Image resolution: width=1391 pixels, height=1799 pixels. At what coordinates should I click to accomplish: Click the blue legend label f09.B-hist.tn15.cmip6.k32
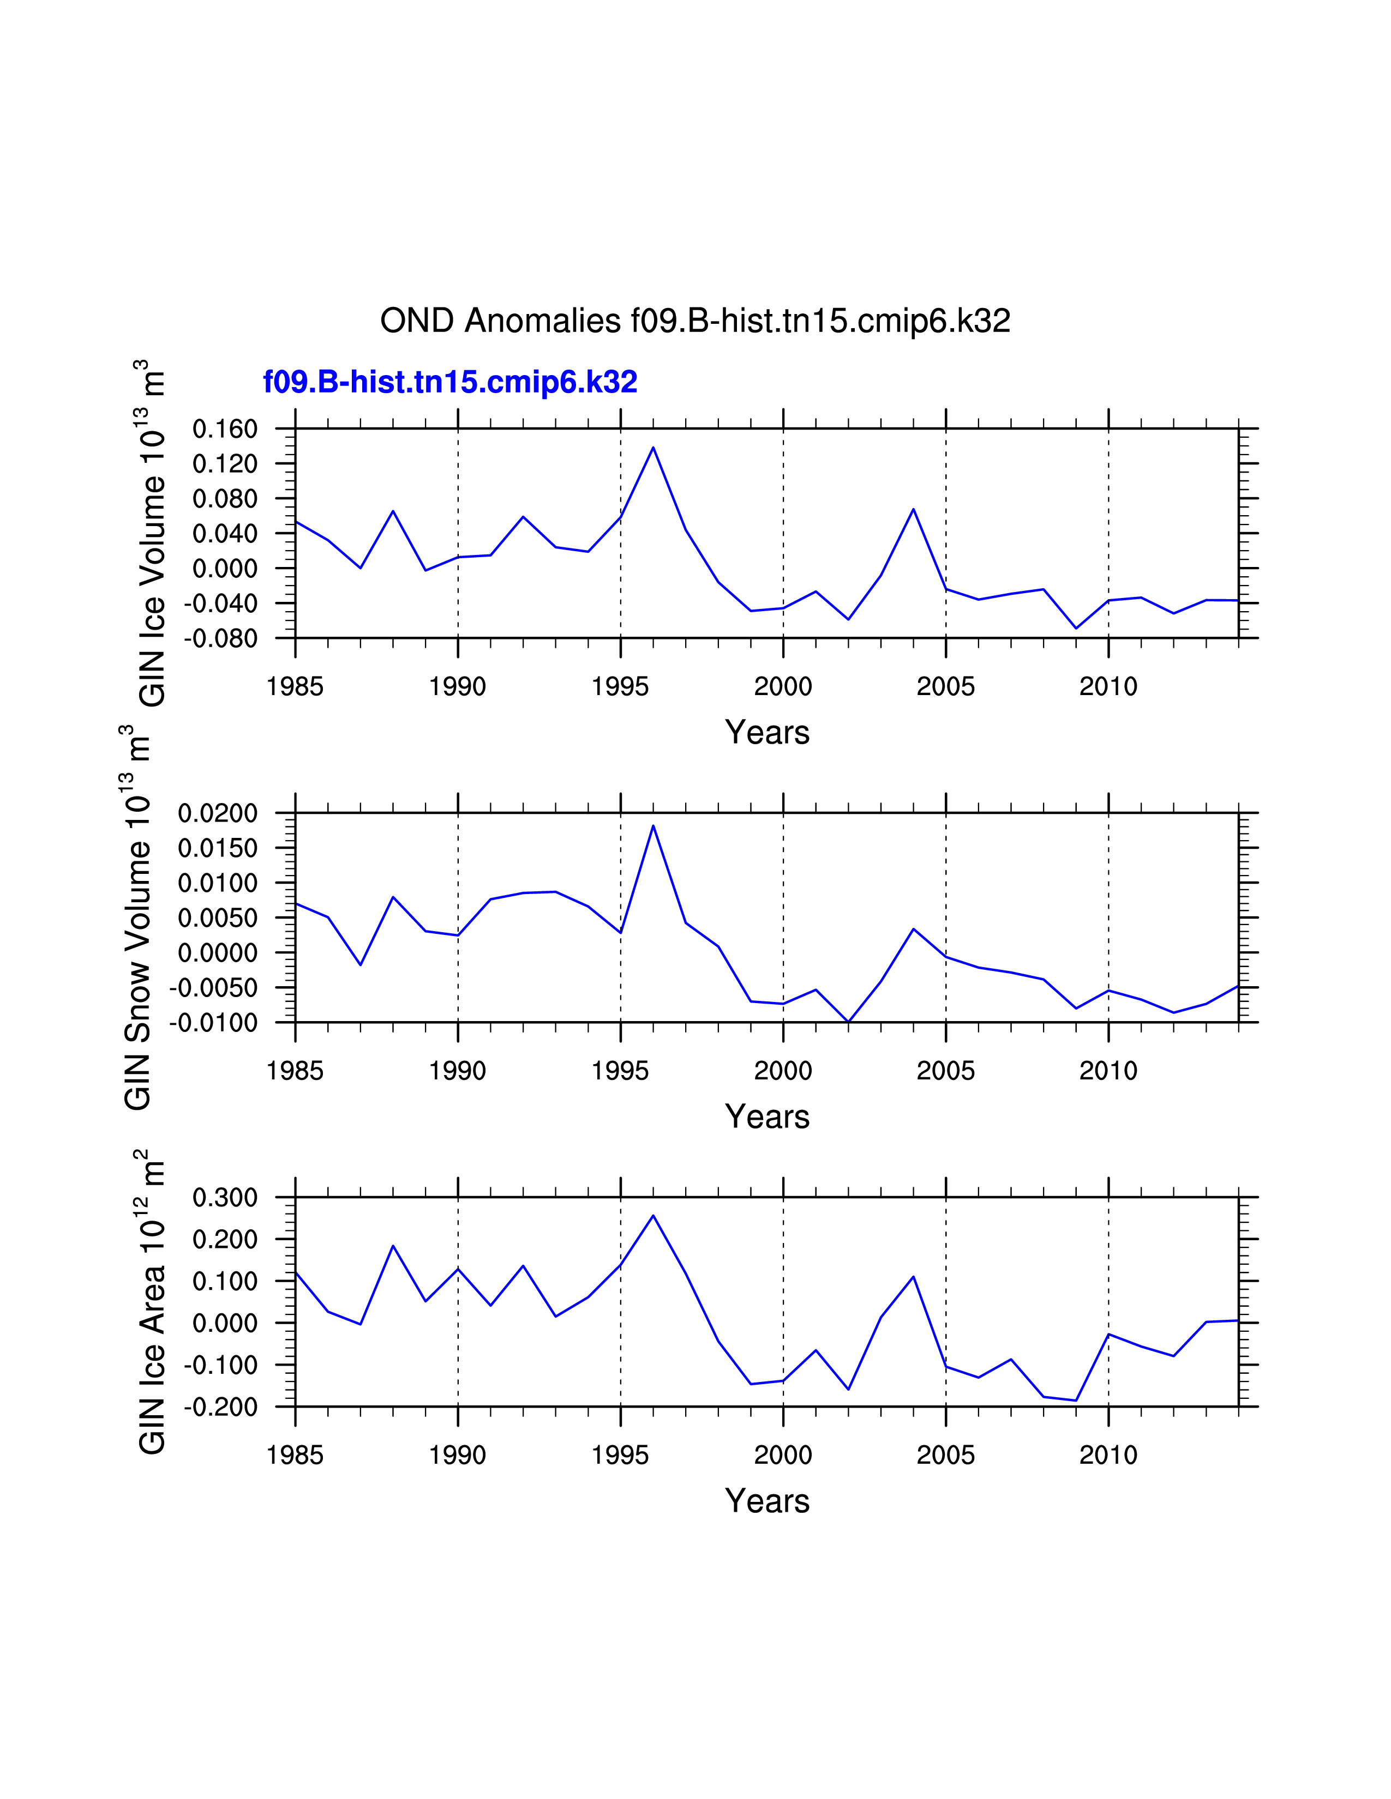[x=450, y=382]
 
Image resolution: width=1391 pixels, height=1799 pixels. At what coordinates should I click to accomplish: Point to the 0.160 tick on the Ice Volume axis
[x=225, y=428]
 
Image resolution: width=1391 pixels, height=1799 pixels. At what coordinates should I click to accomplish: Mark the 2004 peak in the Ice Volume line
[x=913, y=509]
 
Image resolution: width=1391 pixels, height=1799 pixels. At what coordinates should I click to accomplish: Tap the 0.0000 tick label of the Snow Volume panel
[x=218, y=953]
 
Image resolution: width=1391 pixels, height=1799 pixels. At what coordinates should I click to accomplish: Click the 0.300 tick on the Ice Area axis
[x=225, y=1198]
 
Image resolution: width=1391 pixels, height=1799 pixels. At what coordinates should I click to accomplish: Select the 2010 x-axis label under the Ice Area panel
[x=1108, y=1456]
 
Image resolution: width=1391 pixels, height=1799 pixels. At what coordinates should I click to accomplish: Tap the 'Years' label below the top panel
[x=767, y=732]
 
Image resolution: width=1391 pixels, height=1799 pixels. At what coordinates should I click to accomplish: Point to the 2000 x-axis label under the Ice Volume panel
[x=783, y=686]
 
